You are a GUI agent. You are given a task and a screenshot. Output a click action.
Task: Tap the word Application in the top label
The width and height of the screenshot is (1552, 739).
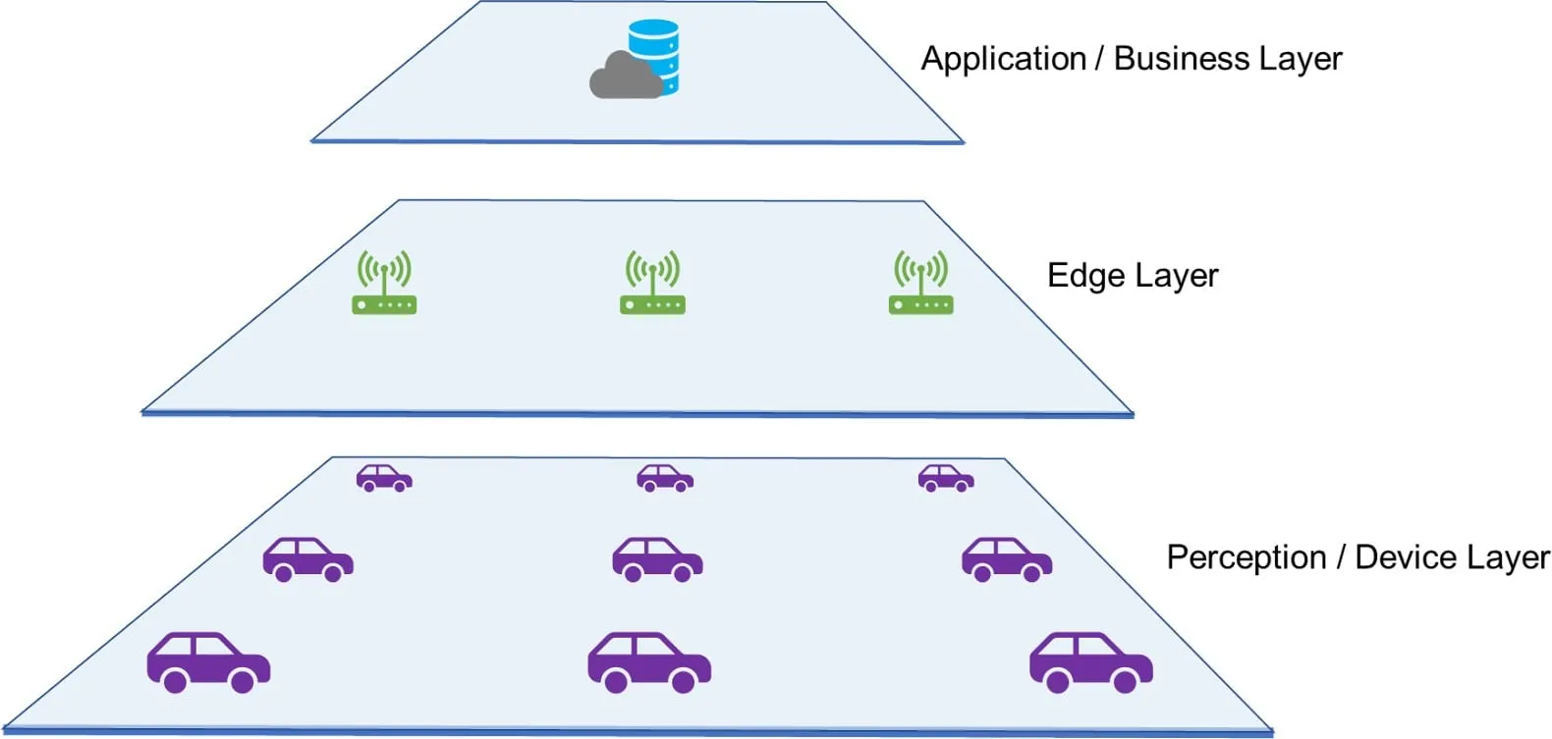(1003, 59)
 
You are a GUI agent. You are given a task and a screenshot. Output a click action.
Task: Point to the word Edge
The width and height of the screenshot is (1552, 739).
(1085, 276)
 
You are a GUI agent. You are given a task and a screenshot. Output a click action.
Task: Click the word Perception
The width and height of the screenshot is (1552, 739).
(1246, 557)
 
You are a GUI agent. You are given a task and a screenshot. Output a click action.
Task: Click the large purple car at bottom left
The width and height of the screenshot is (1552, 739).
(208, 662)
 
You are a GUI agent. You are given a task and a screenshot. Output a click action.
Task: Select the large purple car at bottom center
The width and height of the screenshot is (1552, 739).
(649, 662)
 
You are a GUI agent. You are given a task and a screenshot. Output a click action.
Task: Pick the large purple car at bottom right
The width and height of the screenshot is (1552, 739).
(1090, 662)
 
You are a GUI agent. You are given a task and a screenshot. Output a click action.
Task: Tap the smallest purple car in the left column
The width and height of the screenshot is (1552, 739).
(384, 478)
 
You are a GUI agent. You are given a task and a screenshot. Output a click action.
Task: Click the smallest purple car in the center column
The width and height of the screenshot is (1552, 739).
(665, 478)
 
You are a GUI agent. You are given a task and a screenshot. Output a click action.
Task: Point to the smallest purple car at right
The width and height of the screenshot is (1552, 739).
(946, 478)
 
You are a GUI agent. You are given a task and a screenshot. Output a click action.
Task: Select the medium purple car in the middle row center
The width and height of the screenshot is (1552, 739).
(657, 559)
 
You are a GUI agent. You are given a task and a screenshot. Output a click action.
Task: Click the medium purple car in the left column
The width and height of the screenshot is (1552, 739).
(307, 559)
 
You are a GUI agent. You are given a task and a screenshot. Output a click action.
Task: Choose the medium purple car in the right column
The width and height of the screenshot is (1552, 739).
(1007, 559)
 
